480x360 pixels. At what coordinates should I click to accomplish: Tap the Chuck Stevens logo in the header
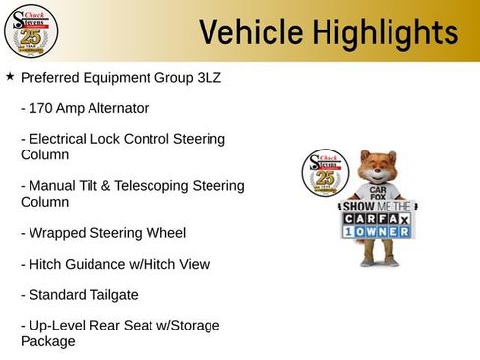[30, 30]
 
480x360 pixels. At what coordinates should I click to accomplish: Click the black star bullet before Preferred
[10, 76]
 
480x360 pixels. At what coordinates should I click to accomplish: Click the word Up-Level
[60, 326]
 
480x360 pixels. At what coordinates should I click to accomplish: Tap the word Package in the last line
[48, 341]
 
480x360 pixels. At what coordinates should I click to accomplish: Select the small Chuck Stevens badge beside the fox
[321, 174]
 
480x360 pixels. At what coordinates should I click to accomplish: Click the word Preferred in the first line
[55, 77]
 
